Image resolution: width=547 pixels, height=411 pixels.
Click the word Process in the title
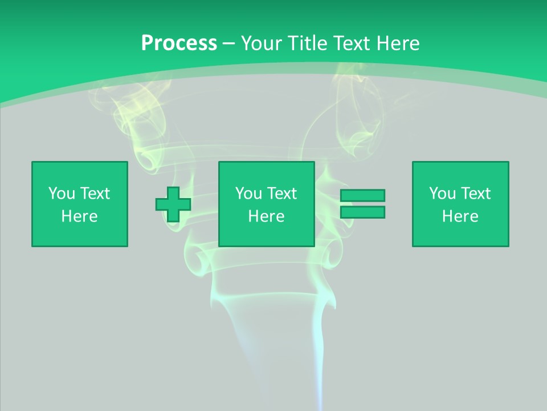(179, 43)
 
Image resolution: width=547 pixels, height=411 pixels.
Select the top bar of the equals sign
(362, 195)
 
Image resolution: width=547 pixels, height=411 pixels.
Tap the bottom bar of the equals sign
(362, 212)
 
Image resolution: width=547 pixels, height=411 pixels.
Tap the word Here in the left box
(80, 216)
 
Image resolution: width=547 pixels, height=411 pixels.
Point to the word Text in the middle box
(282, 194)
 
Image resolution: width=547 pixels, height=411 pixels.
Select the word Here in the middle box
(267, 216)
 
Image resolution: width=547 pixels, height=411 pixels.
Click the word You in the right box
(442, 194)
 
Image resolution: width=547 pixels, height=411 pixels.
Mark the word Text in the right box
(476, 194)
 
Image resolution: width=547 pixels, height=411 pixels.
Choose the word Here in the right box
(460, 216)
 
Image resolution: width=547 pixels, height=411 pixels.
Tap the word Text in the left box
(95, 194)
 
